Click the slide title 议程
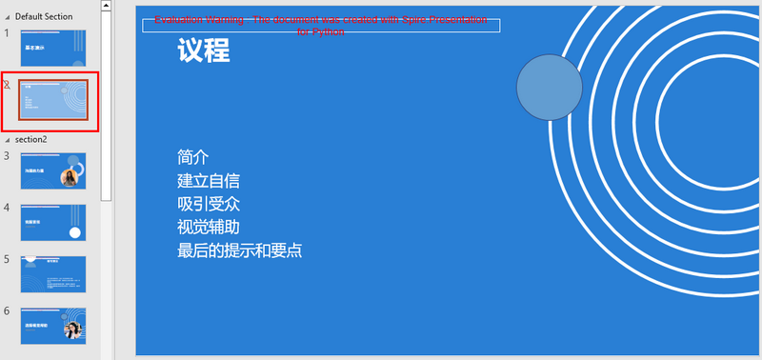pyautogui.click(x=203, y=51)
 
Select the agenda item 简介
pyautogui.click(x=192, y=157)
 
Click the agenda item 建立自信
pyautogui.click(x=208, y=181)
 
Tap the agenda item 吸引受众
pyautogui.click(x=208, y=204)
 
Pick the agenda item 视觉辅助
pyautogui.click(x=208, y=228)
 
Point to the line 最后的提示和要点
pyautogui.click(x=239, y=251)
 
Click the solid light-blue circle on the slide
pyautogui.click(x=550, y=88)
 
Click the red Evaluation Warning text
pyautogui.click(x=321, y=25)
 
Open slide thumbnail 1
pyautogui.click(x=53, y=48)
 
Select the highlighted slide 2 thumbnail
pyautogui.click(x=53, y=99)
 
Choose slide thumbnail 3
pyautogui.click(x=53, y=171)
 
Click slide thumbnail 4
pyautogui.click(x=53, y=222)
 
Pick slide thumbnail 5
pyautogui.click(x=53, y=273)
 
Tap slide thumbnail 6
pyautogui.click(x=53, y=325)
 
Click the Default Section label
pyautogui.click(x=44, y=16)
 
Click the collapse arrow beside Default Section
pyautogui.click(x=7, y=16)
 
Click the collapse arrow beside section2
pyautogui.click(x=7, y=139)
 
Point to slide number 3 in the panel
pyautogui.click(x=7, y=156)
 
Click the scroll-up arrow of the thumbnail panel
pyautogui.click(x=107, y=7)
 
